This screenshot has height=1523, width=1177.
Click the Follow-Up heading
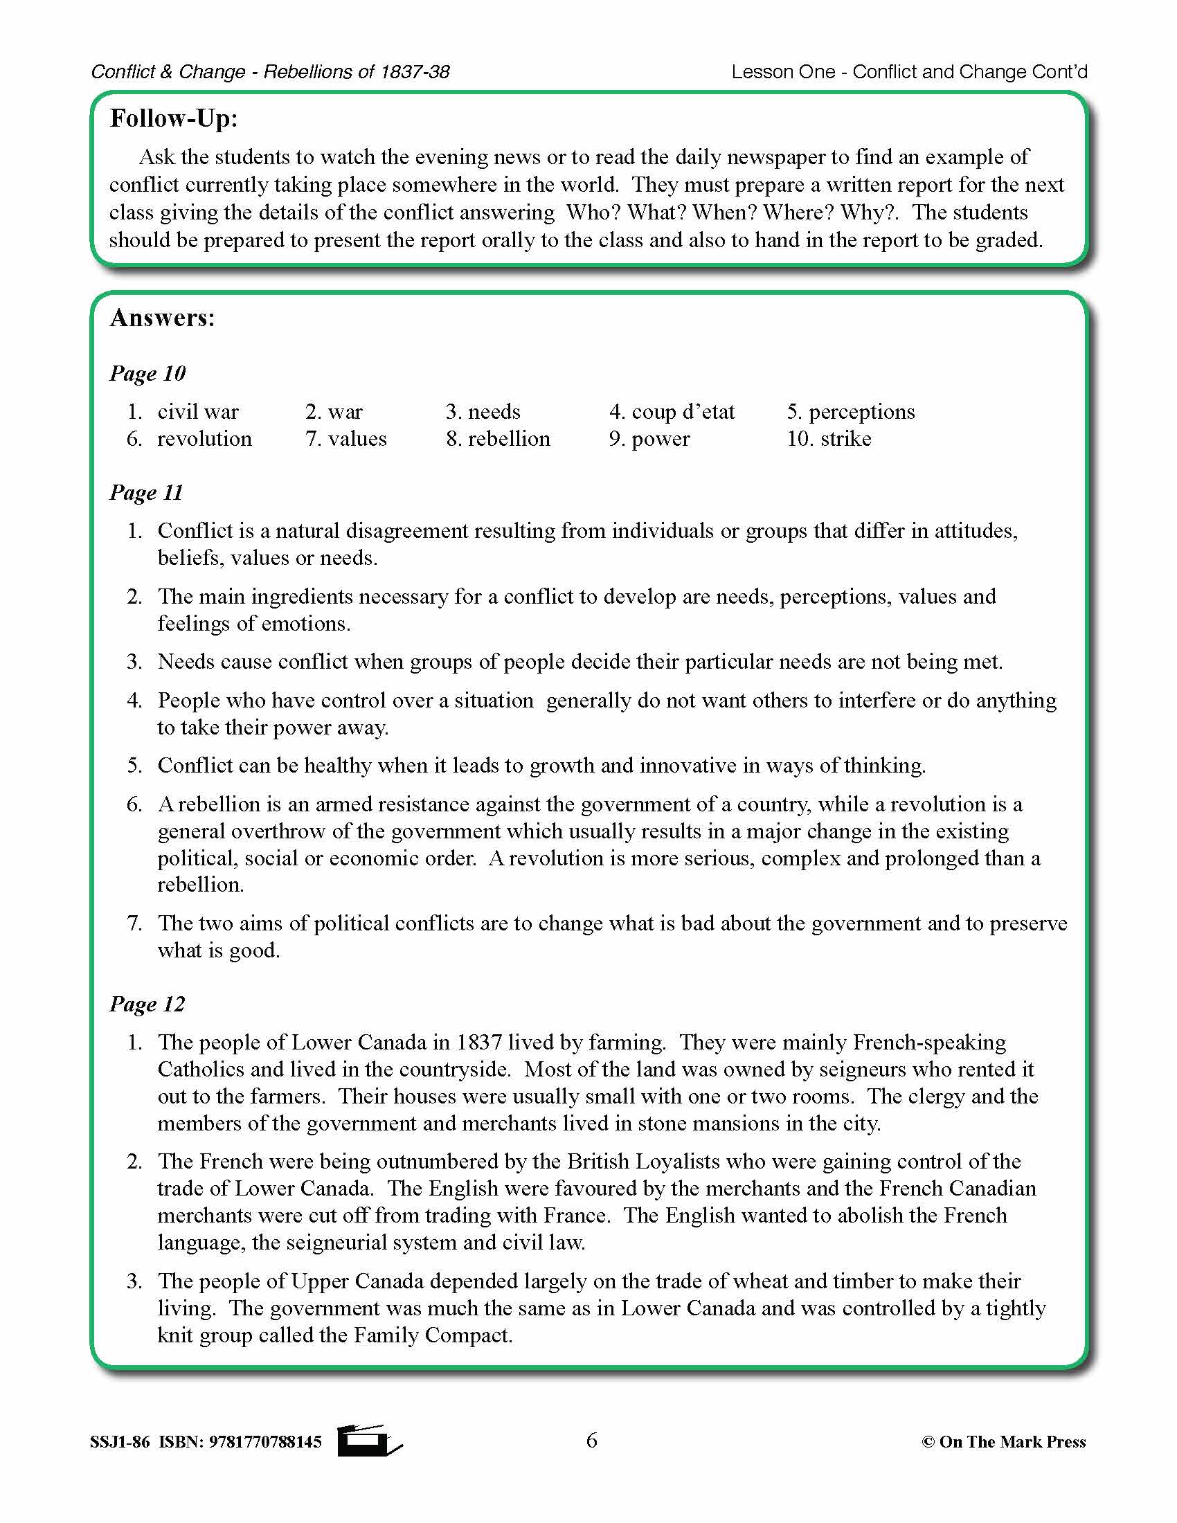coord(174,118)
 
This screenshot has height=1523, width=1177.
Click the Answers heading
coord(163,318)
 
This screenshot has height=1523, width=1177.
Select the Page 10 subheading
coord(147,374)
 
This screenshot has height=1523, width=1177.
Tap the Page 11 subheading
coord(145,493)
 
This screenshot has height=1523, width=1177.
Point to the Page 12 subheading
coord(147,1004)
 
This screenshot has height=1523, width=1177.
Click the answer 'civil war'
coord(198,412)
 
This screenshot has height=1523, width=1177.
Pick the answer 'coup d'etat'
coord(683,412)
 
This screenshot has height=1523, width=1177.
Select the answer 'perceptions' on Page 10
coord(861,412)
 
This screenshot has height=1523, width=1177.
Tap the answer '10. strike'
coord(829,440)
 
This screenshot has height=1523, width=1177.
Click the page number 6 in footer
coord(591,1440)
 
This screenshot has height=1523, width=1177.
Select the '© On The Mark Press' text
coord(1003,1442)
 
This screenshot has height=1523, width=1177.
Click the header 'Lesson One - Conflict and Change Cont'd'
coord(909,72)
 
